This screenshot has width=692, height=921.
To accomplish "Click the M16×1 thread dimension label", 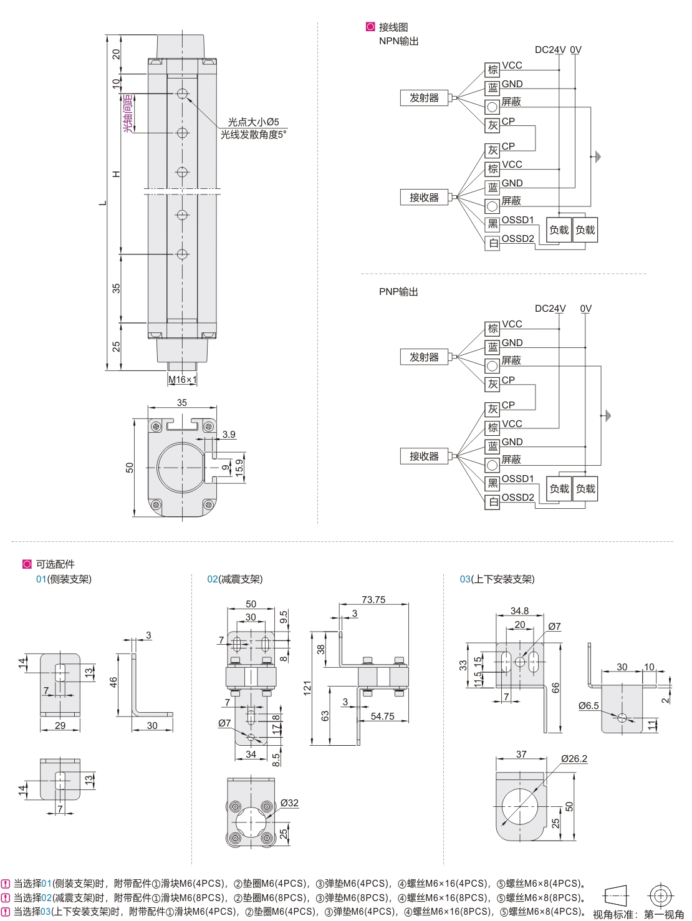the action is click(183, 380).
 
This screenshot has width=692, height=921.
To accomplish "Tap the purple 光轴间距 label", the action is click(128, 113).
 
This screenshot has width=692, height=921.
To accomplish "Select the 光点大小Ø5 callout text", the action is click(253, 122).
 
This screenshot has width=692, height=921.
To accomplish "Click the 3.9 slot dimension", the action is click(229, 434).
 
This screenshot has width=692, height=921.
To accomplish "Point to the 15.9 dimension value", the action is click(239, 468).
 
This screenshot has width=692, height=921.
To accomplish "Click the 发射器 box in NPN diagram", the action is click(424, 98).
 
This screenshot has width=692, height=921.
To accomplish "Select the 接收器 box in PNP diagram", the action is click(424, 456).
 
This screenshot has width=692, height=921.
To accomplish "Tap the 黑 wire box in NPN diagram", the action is click(493, 224).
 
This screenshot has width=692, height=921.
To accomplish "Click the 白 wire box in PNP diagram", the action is click(493, 502).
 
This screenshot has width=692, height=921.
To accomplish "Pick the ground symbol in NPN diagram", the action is click(596, 157).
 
